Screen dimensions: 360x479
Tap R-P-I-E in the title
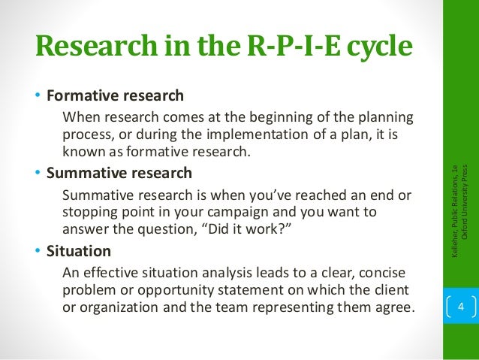tap(285, 47)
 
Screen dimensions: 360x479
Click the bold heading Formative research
tap(115, 97)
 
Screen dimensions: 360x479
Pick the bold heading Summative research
tap(119, 173)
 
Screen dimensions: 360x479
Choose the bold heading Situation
tap(79, 250)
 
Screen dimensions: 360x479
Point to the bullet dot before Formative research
tap(38, 97)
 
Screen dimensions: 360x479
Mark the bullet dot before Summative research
tap(38, 173)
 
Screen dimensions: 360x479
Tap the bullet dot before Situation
tap(38, 250)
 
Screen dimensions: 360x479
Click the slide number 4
tap(462, 307)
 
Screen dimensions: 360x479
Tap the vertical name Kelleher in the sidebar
tap(456, 250)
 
